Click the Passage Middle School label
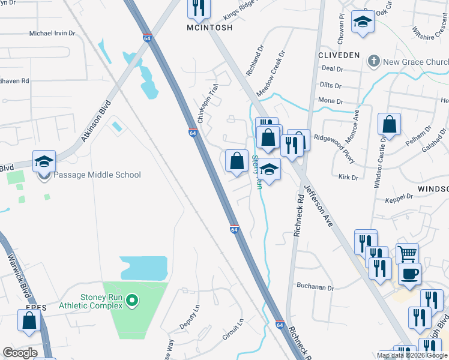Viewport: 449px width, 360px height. coord(97,175)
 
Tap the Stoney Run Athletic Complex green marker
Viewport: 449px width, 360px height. coord(134,300)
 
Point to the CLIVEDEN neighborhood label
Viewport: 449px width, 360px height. coord(339,55)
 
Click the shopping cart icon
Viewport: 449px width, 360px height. coord(407,254)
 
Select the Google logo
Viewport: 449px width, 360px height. coord(20,353)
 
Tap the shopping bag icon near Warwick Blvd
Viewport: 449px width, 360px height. coord(29,322)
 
